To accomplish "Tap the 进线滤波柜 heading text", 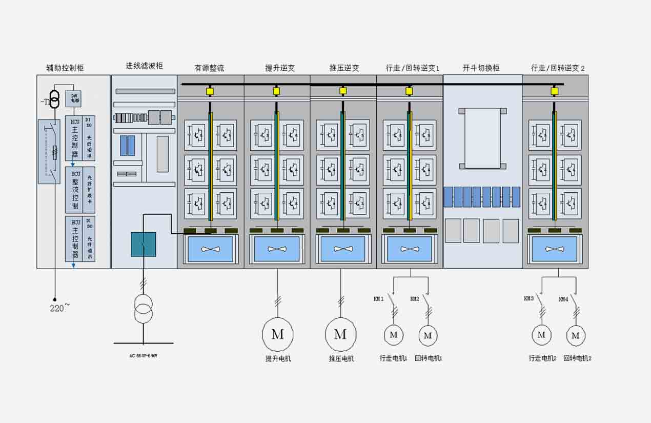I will click(145, 66).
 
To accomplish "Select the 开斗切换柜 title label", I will click(481, 68).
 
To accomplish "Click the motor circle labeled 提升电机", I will click(277, 334).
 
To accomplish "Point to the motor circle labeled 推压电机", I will click(340, 334).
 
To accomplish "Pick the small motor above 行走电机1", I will click(394, 335).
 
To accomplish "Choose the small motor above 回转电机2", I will click(576, 335).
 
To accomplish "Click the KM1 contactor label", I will click(379, 299).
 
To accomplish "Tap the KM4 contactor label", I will click(563, 299).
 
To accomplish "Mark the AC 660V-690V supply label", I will click(143, 355).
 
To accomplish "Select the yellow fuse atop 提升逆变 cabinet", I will click(276, 91).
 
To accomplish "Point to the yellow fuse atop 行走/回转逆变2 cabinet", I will click(554, 91).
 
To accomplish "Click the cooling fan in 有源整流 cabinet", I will click(210, 249).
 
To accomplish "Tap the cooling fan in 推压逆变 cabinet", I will click(343, 249).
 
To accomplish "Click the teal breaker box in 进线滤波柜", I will click(144, 244).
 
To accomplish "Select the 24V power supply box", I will click(73, 98).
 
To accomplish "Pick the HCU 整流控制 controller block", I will click(75, 190).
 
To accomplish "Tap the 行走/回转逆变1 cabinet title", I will click(413, 68).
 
